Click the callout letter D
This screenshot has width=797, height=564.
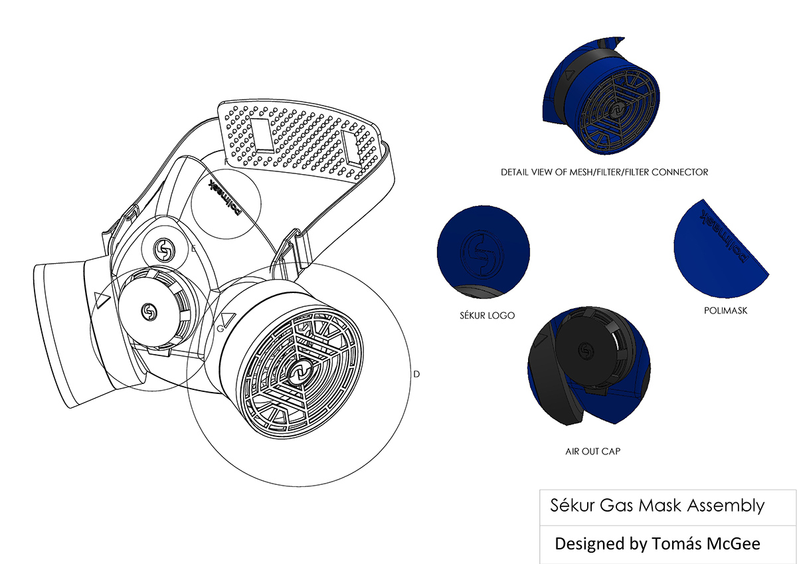(416, 374)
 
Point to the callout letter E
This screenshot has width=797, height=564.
(193, 249)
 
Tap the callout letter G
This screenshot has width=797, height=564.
(220, 329)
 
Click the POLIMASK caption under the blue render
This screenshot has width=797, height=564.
(725, 310)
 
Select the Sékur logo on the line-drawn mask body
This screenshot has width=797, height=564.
(163, 250)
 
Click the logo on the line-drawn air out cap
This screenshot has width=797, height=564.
(150, 311)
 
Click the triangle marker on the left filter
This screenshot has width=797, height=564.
(102, 300)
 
